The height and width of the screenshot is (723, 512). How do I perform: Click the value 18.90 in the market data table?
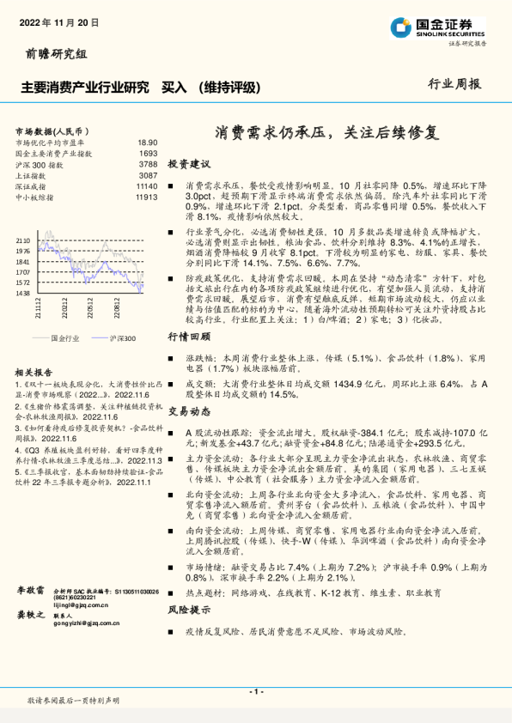147,143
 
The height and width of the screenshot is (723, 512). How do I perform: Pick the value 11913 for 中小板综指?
146,196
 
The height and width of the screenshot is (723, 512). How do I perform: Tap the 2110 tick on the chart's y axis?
24,241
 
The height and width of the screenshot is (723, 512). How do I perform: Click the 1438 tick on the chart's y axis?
24,293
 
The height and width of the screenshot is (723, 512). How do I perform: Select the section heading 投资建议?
188,163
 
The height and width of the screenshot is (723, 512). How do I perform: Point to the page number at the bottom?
255,691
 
